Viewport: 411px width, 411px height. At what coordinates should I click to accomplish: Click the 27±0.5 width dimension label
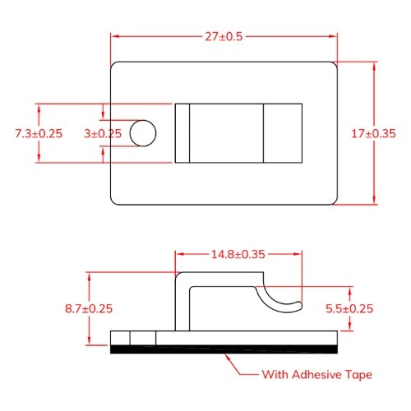224,36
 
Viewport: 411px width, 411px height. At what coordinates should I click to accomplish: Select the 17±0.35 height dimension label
374,132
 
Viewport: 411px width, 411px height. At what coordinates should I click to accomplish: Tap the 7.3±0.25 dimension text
39,132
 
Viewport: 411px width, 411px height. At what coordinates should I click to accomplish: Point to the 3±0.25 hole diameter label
103,132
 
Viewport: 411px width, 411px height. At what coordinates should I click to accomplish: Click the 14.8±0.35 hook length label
238,255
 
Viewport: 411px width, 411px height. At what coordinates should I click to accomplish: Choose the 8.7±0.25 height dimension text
88,309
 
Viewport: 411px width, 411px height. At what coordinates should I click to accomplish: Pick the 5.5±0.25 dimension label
351,309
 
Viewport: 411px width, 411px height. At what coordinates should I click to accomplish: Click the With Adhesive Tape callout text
316,375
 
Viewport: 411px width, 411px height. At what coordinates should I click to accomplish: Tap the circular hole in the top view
142,132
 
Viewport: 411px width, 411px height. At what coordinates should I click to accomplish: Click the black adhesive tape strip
224,350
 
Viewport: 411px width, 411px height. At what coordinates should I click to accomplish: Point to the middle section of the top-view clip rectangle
226,132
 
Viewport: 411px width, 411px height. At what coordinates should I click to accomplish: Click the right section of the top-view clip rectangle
282,132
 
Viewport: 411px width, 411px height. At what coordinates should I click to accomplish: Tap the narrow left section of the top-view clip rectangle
182,132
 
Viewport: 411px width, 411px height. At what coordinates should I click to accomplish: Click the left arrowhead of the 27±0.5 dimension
115,36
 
